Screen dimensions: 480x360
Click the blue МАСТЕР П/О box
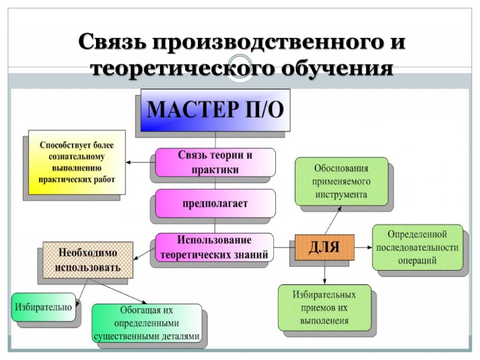point(215,110)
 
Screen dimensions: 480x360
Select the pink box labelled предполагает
point(215,203)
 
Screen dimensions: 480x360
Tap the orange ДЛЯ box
point(324,247)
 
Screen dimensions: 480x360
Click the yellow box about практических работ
point(77,162)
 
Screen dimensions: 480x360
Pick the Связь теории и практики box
point(215,163)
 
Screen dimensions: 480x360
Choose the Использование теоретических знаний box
point(214,247)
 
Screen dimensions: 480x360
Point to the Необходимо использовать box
point(88,260)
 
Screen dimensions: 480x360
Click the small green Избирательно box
point(44,307)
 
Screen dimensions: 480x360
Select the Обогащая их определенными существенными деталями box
point(147,323)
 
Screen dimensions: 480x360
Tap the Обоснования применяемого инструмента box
point(341,181)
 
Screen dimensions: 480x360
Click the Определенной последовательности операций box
point(418,247)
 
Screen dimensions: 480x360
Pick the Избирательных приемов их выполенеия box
point(324,307)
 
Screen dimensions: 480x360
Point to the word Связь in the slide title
point(112,41)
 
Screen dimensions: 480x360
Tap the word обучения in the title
point(337,68)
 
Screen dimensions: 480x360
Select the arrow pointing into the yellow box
point(141,162)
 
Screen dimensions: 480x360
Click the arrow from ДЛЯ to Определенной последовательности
point(363,247)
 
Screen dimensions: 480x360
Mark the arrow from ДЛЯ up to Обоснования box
point(333,220)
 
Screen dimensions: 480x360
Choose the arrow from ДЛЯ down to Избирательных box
point(324,272)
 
